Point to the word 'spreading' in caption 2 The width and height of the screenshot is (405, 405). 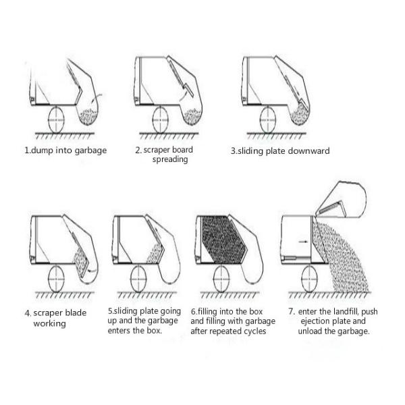click(170, 159)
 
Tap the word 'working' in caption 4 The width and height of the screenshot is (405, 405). click(49, 323)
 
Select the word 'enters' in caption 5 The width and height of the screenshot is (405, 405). click(119, 331)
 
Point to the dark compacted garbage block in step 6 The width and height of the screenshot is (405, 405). click(223, 239)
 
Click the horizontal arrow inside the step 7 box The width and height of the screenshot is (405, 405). click(303, 242)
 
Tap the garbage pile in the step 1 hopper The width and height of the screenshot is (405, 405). click(88, 116)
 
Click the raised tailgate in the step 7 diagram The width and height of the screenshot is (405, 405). click(340, 199)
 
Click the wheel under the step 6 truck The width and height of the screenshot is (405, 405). click(221, 279)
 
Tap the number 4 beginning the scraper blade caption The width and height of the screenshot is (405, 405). click(27, 313)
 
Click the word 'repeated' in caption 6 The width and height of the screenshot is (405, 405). click(219, 331)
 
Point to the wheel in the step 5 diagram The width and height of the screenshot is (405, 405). click(138, 279)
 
